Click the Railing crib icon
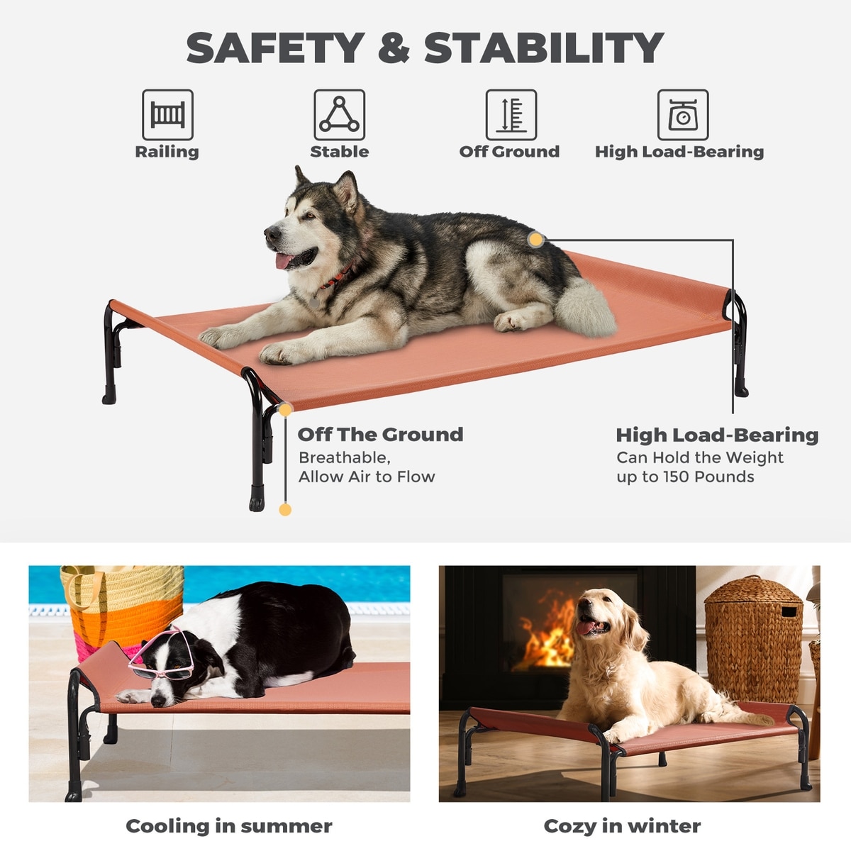(x=167, y=114)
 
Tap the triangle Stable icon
(x=339, y=114)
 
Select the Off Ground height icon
(x=511, y=114)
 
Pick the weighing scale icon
(x=683, y=114)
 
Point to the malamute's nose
(x=271, y=233)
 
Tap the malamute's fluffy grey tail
(x=584, y=306)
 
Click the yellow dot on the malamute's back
(x=535, y=240)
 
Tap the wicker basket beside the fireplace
(x=753, y=640)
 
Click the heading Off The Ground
(x=380, y=435)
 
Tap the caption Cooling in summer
(x=229, y=826)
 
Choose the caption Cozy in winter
(x=622, y=826)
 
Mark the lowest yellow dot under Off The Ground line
(x=285, y=510)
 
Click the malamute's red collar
(x=337, y=277)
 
